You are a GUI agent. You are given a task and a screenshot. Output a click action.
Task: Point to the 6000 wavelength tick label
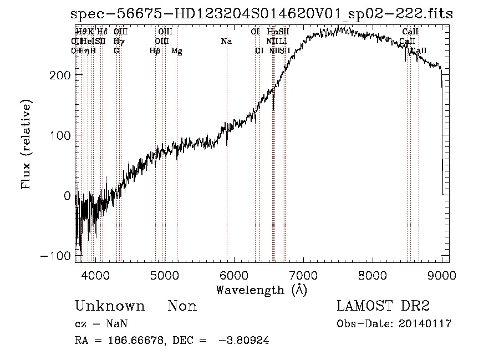[233, 274]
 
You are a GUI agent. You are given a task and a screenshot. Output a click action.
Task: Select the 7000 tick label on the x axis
[303, 274]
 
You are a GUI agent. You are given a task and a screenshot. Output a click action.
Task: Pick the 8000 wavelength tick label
[372, 274]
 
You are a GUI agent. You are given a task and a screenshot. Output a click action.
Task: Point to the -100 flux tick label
[57, 256]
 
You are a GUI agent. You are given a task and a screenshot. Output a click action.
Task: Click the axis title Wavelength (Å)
[261, 290]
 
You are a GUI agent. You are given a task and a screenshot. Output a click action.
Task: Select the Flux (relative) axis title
[26, 144]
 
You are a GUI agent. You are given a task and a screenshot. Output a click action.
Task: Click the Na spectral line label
[226, 42]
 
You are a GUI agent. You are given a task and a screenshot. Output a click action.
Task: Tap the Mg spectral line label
[176, 51]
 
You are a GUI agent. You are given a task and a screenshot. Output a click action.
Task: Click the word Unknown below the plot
[110, 306]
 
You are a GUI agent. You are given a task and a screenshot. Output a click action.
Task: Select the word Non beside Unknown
[182, 306]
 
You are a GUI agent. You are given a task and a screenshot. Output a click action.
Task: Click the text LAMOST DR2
[383, 306]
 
